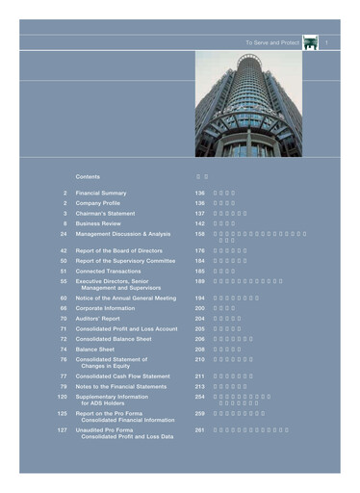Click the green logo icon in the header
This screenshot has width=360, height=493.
click(310, 43)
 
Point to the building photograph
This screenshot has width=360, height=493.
click(247, 105)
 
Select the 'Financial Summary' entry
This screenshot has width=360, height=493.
click(102, 194)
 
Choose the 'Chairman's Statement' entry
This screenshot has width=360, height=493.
click(108, 214)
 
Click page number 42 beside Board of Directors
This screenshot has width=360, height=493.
click(63, 250)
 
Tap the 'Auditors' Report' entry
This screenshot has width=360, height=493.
click(101, 319)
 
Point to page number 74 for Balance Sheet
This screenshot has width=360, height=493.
click(63, 350)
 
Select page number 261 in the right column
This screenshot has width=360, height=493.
click(200, 429)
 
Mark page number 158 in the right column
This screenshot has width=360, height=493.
click(200, 234)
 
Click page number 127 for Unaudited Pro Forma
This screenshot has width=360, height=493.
click(62, 429)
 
